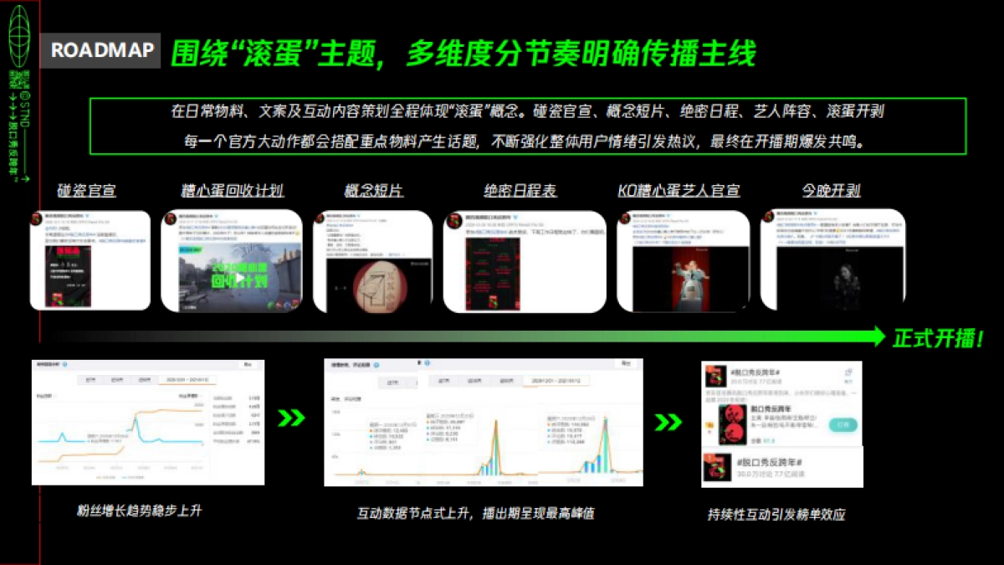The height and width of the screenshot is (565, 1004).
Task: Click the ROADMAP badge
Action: pyautogui.click(x=102, y=50)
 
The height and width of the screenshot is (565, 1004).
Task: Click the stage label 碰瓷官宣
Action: pyautogui.click(x=87, y=191)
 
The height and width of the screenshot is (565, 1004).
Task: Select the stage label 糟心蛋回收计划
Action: pyautogui.click(x=232, y=191)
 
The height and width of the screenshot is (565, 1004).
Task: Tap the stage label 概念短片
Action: pyautogui.click(x=373, y=191)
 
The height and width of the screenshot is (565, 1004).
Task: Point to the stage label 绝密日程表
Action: pyautogui.click(x=520, y=191)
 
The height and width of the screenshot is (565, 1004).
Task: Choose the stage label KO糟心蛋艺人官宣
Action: pyautogui.click(x=679, y=191)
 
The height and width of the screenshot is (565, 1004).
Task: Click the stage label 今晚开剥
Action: pyautogui.click(x=831, y=191)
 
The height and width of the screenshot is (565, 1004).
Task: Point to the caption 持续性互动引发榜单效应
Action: pyautogui.click(x=776, y=514)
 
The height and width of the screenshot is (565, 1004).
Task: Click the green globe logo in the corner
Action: pyautogui.click(x=19, y=34)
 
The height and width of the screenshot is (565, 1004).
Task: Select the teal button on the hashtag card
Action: pyautogui.click(x=842, y=424)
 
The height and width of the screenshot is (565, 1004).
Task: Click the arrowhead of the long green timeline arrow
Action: pyautogui.click(x=877, y=336)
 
